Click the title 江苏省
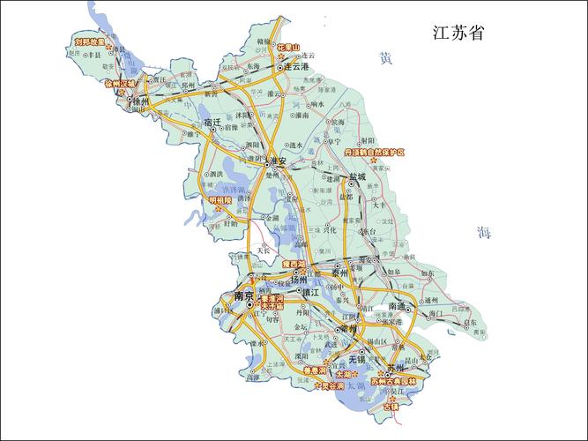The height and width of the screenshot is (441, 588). point(458,34)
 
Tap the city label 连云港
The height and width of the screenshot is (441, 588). point(296,67)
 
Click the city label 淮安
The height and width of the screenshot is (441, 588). point(279,161)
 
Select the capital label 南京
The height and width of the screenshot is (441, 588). point(242,297)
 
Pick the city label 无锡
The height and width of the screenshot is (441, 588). point(355,361)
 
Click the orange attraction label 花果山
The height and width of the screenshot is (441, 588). point(288,48)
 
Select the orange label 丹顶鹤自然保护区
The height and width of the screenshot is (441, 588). point(374,153)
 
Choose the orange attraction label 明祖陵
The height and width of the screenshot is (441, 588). point(220,200)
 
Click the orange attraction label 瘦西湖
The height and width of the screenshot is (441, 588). point(294,264)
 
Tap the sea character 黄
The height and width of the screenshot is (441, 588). point(385,58)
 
